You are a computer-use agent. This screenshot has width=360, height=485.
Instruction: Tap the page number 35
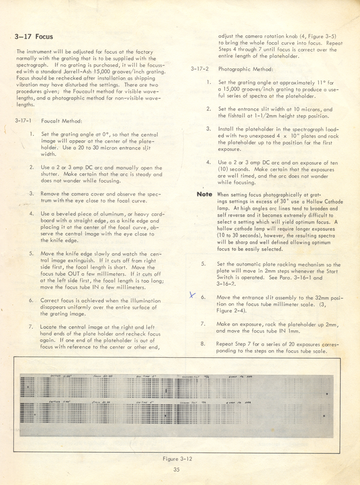(x=176, y=469)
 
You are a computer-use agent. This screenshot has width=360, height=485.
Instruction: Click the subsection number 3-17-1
(x=23, y=120)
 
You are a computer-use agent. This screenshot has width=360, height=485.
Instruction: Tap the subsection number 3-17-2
(x=200, y=69)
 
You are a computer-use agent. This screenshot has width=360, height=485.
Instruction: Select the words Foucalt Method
(x=62, y=120)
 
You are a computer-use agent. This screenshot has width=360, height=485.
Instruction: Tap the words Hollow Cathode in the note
(x=308, y=201)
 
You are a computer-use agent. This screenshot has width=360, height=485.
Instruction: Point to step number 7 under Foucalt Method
(x=31, y=326)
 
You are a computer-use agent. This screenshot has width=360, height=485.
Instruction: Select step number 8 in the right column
(x=203, y=344)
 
